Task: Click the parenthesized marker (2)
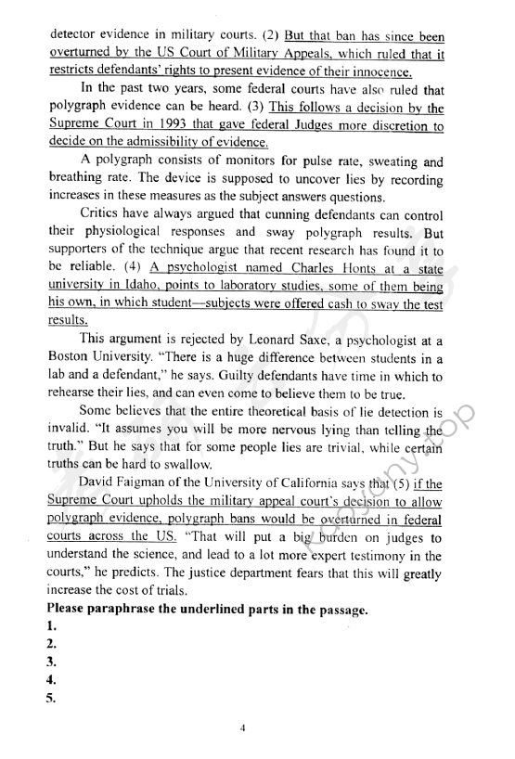click(x=267, y=38)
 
